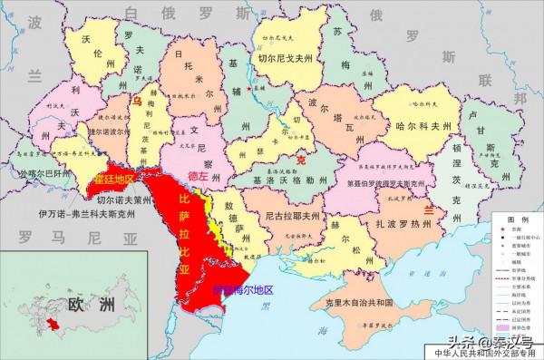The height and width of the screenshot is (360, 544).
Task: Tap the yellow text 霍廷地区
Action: click(x=113, y=177)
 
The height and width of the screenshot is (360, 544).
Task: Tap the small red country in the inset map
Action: click(x=53, y=324)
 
